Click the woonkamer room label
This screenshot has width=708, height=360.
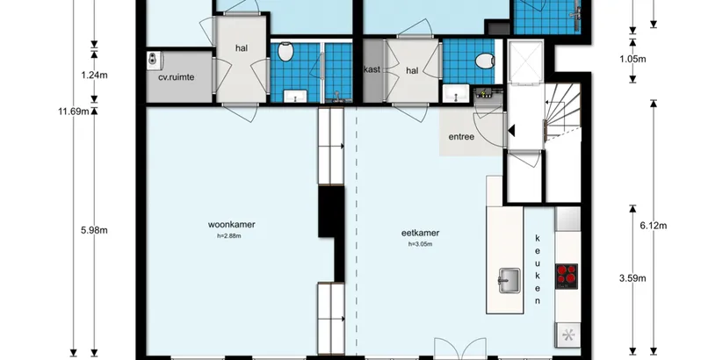pyautogui.click(x=231, y=224)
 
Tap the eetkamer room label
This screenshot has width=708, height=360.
pyautogui.click(x=420, y=234)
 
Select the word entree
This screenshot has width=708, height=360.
pyautogui.click(x=461, y=137)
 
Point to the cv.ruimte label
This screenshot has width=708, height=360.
pyautogui.click(x=176, y=77)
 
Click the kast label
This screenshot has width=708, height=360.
pyautogui.click(x=372, y=69)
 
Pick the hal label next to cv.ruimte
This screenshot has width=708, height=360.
pyautogui.click(x=242, y=47)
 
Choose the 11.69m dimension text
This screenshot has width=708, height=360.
pyautogui.click(x=74, y=112)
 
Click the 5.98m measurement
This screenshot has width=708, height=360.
pyautogui.click(x=94, y=230)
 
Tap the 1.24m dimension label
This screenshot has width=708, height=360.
pyautogui.click(x=94, y=76)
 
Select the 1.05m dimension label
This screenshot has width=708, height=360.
pyautogui.click(x=632, y=59)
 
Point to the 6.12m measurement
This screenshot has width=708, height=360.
pyautogui.click(x=654, y=226)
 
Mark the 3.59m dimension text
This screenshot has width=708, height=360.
pyautogui.click(x=632, y=278)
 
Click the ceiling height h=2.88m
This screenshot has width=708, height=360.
pyautogui.click(x=229, y=236)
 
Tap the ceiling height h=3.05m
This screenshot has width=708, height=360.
pyautogui.click(x=420, y=244)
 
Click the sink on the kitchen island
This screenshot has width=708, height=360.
pyautogui.click(x=509, y=280)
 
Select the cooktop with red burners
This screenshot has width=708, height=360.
pyautogui.click(x=567, y=277)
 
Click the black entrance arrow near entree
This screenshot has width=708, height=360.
pyautogui.click(x=511, y=131)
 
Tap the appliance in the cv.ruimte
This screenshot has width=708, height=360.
pyautogui.click(x=154, y=60)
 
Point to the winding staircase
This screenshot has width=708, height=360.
pyautogui.click(x=562, y=112)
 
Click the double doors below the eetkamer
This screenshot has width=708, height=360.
pyautogui.click(x=460, y=349)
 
